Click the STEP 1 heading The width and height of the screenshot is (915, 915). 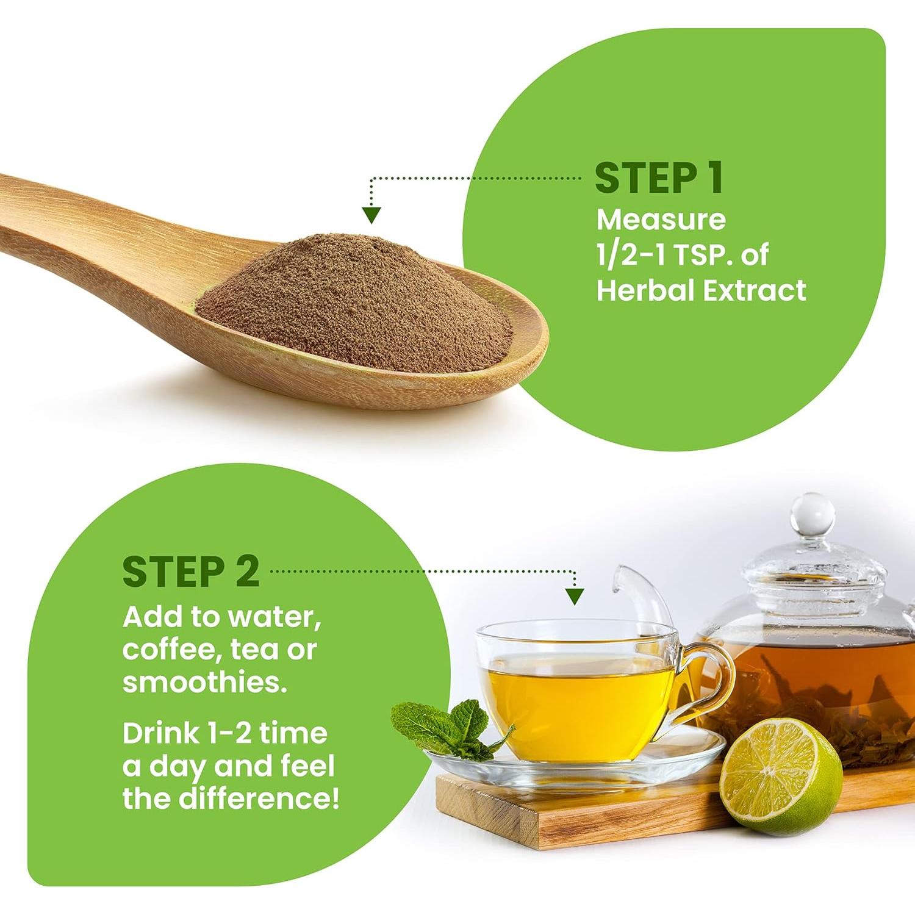click(659, 178)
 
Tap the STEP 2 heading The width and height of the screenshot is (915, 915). click(191, 572)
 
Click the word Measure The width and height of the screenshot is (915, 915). click(661, 220)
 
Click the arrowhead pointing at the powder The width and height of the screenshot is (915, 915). click(371, 215)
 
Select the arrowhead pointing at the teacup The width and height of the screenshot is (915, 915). click(575, 596)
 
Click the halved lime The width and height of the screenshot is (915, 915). click(781, 776)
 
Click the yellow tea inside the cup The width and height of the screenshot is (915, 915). click(576, 708)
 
